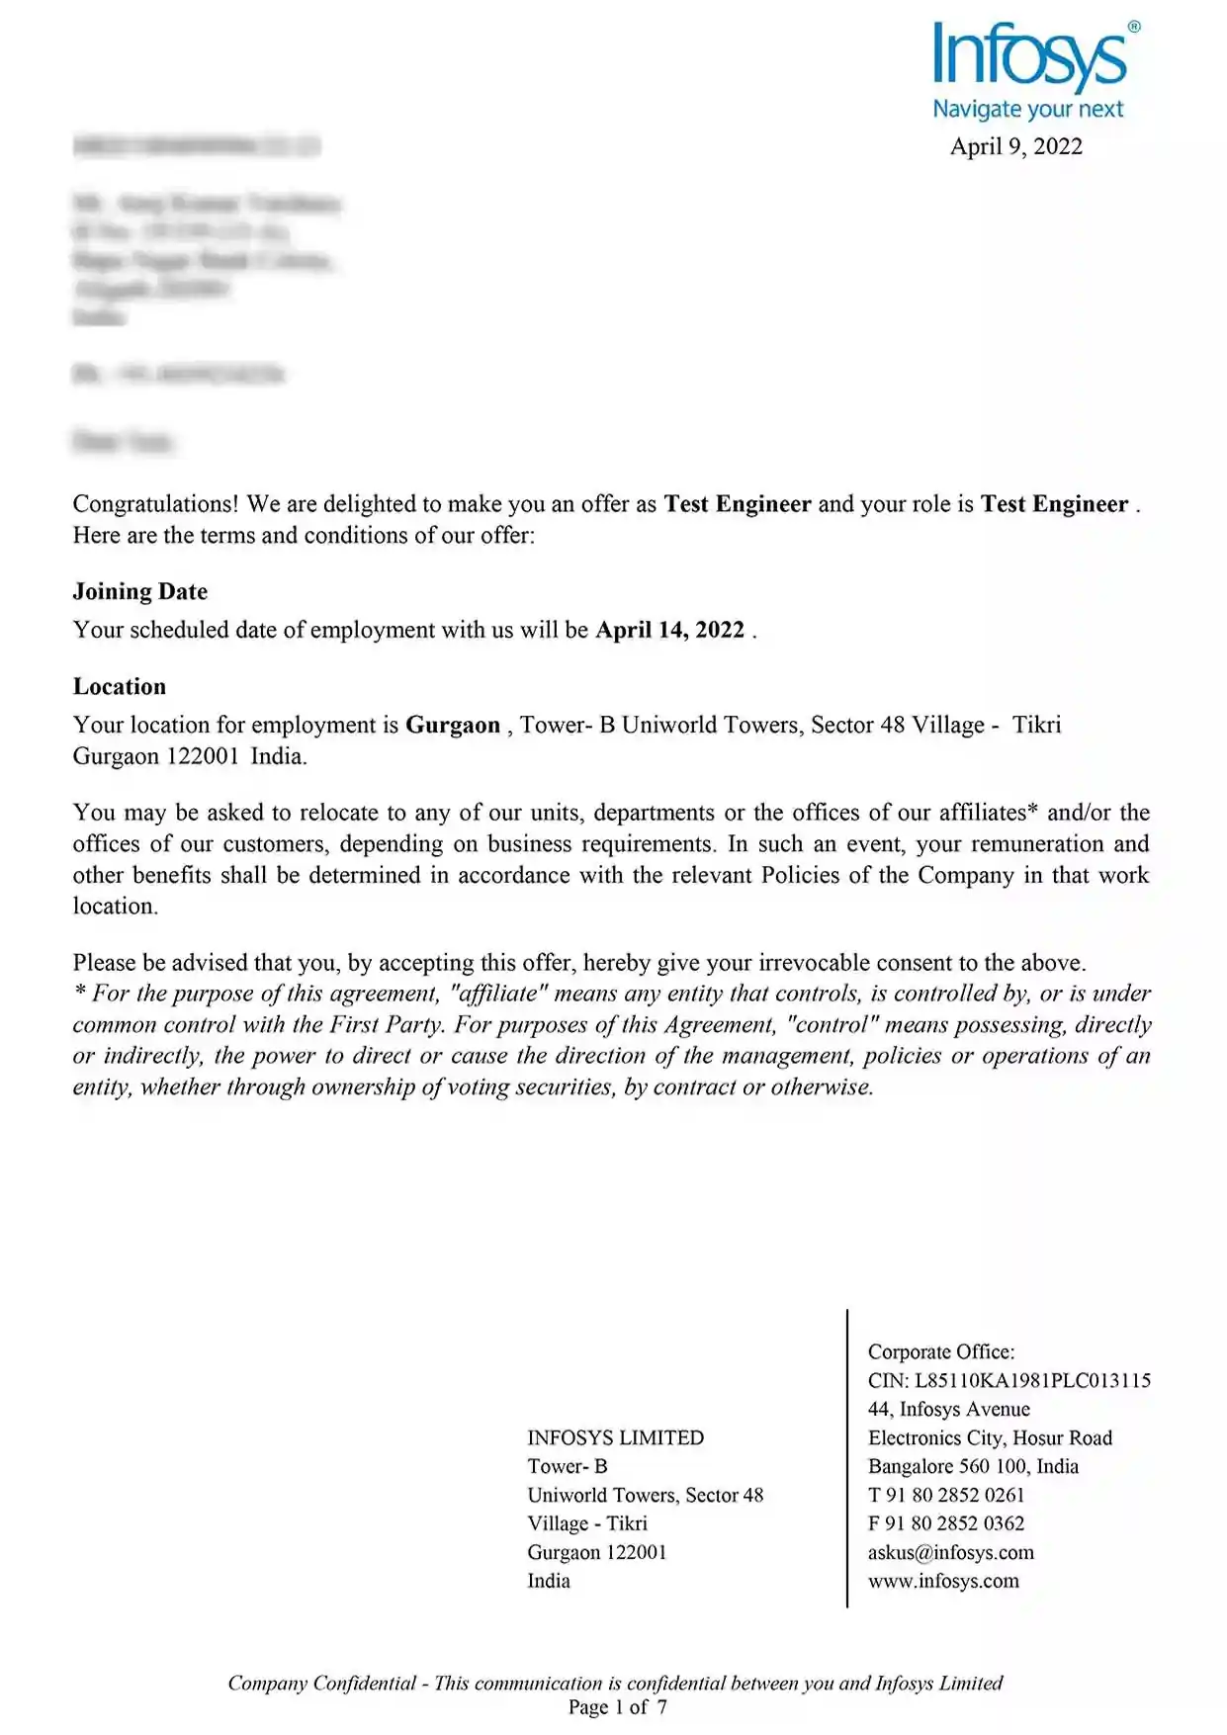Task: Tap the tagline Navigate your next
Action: click(1028, 109)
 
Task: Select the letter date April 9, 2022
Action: click(1015, 146)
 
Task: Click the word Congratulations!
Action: click(155, 504)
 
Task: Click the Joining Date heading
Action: click(140, 591)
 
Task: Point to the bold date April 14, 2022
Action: click(669, 630)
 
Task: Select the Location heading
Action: click(120, 686)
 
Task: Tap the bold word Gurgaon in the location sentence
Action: click(453, 725)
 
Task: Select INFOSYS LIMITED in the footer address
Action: click(615, 1437)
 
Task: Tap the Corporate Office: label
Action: click(941, 1351)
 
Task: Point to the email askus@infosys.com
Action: click(950, 1552)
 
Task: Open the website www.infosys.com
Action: click(943, 1581)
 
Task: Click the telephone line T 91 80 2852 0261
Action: click(945, 1495)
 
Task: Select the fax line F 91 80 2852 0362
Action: click(945, 1523)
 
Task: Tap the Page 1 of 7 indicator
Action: click(617, 1706)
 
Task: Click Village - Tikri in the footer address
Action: click(587, 1523)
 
